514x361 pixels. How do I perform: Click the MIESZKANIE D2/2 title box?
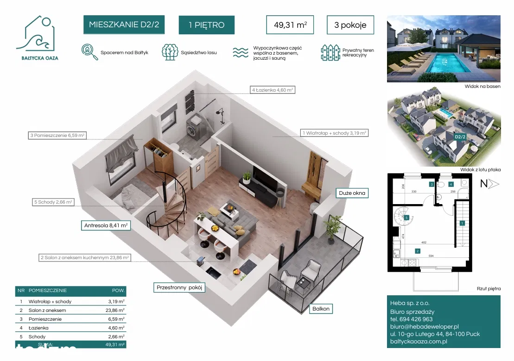click(x=124, y=25)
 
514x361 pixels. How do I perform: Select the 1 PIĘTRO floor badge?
click(x=206, y=25)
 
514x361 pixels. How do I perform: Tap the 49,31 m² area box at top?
click(x=290, y=25)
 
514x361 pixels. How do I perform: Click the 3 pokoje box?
click(x=350, y=25)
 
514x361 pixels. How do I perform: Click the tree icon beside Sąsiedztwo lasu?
click(x=170, y=52)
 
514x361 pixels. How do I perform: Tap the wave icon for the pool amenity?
click(x=240, y=53)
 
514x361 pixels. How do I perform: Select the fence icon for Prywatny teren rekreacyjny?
click(x=330, y=53)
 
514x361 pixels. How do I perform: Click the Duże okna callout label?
click(x=351, y=193)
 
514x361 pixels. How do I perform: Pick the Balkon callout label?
click(x=321, y=308)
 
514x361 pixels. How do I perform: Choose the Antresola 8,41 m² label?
click(x=106, y=225)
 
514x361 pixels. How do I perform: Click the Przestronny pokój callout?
click(x=179, y=287)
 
